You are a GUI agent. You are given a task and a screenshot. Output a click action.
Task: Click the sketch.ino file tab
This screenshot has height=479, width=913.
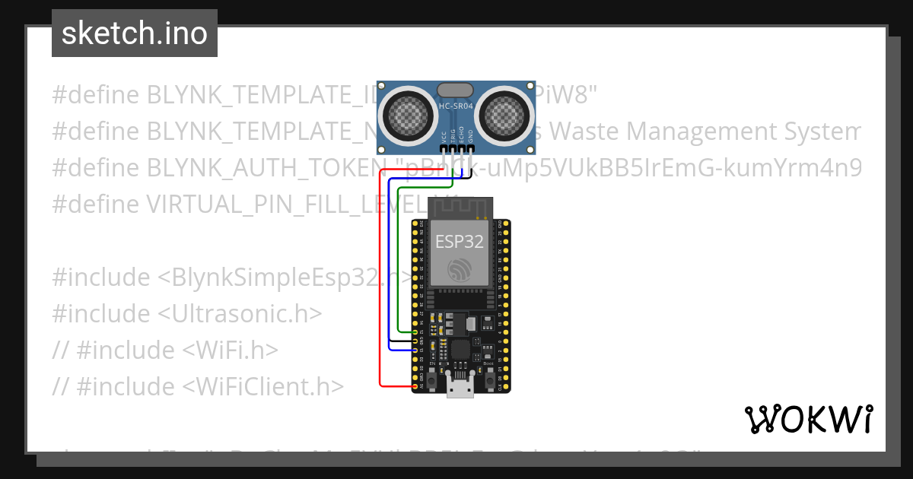click(x=135, y=33)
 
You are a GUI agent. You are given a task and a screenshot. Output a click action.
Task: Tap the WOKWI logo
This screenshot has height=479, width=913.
click(x=807, y=419)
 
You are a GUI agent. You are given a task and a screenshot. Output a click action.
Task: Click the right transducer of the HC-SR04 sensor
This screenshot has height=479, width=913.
click(x=505, y=114)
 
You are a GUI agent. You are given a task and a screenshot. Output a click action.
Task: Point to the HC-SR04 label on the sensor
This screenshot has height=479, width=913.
click(x=456, y=106)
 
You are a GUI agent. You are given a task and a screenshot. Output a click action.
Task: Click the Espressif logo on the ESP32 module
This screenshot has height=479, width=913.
click(x=460, y=270)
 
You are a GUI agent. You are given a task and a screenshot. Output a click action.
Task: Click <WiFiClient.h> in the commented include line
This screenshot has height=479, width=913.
click(x=263, y=387)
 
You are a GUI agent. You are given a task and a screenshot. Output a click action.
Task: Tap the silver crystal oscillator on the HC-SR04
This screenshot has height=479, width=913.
click(x=456, y=90)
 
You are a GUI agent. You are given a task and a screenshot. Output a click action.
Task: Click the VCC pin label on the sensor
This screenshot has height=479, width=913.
click(x=444, y=137)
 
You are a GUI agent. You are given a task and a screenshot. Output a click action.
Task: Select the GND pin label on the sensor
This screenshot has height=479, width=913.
click(x=471, y=137)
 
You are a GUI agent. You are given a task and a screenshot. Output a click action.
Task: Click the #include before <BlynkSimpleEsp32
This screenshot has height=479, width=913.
click(x=101, y=278)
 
